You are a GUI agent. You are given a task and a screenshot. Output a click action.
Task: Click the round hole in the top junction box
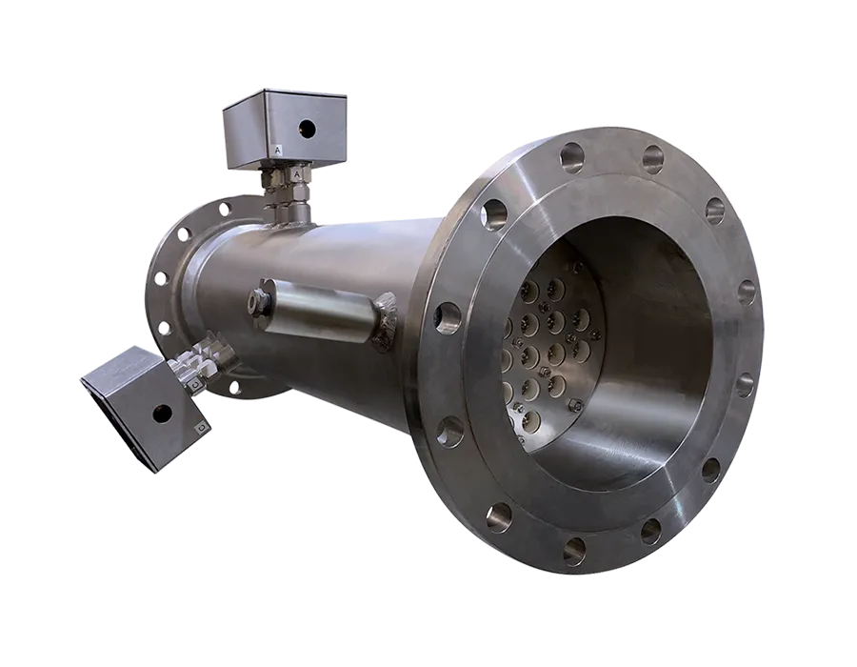pyautogui.click(x=308, y=129)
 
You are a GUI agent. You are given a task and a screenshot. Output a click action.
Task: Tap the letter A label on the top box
pyautogui.click(x=279, y=148)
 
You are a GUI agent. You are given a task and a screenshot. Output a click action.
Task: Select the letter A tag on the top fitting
pyautogui.click(x=297, y=173)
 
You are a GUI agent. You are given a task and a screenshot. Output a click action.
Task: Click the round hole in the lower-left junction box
pyautogui.click(x=161, y=414)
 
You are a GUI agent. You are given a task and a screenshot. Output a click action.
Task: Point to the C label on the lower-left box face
pyautogui.click(x=202, y=426)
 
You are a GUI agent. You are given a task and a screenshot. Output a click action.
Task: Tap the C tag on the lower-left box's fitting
pyautogui.click(x=195, y=386)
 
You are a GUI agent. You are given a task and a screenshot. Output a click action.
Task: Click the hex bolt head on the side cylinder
pyautogui.click(x=257, y=301)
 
